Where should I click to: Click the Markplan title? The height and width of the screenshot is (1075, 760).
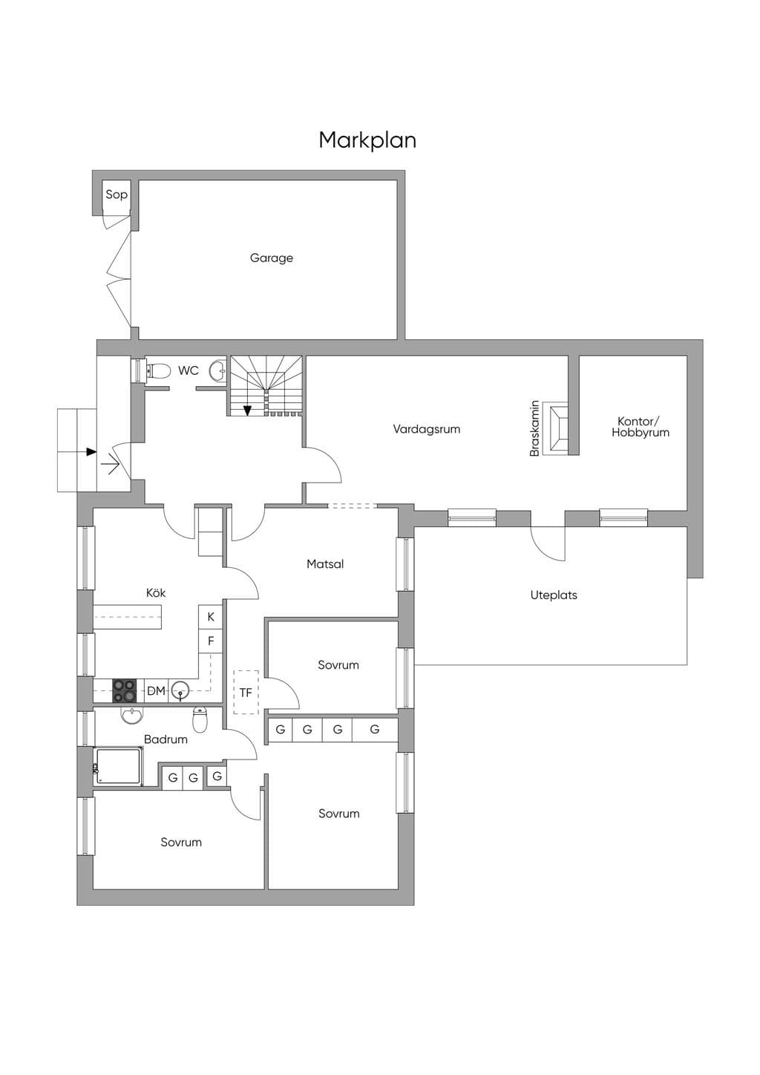pos(367,140)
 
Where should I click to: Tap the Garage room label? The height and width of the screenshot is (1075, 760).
pos(271,258)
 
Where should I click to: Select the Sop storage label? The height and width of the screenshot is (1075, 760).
pos(117,195)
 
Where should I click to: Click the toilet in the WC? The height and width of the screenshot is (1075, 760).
pos(158,370)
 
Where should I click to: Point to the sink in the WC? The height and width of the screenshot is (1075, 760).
pos(219,370)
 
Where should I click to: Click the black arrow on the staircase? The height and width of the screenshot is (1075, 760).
pos(247,411)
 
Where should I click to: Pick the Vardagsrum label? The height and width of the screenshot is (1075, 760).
pos(427,429)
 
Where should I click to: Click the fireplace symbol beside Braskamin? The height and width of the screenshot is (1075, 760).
pos(555,429)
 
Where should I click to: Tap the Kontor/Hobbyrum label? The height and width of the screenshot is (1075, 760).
pos(640,427)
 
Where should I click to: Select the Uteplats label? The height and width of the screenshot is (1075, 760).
pos(554,595)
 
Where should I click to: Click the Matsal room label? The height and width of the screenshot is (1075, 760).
pos(325,564)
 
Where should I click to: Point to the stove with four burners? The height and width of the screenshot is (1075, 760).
pos(124,691)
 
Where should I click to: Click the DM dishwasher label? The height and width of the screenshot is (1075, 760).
pos(156,691)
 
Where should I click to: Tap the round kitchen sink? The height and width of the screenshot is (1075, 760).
pos(180,691)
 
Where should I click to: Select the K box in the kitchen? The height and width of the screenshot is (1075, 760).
pos(211,617)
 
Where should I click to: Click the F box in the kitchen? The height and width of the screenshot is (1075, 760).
pos(211,641)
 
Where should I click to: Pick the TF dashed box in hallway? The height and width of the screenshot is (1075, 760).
pos(246,693)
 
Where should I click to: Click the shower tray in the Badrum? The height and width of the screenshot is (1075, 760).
pos(118,766)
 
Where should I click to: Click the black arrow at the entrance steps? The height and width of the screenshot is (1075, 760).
pos(91,451)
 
